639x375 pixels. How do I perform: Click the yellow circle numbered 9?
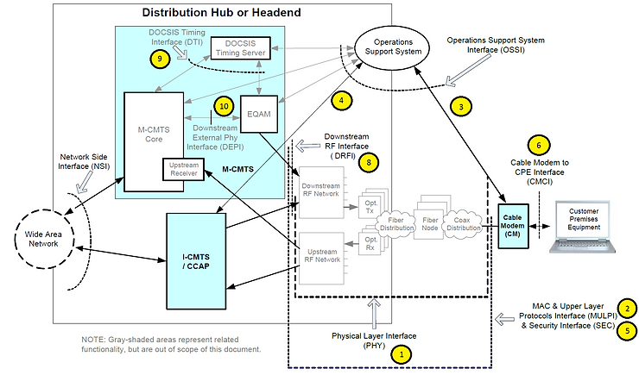click(158, 59)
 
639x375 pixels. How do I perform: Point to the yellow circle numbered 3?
click(462, 108)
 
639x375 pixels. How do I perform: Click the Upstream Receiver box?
click(185, 169)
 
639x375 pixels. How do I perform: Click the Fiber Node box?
click(427, 216)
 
